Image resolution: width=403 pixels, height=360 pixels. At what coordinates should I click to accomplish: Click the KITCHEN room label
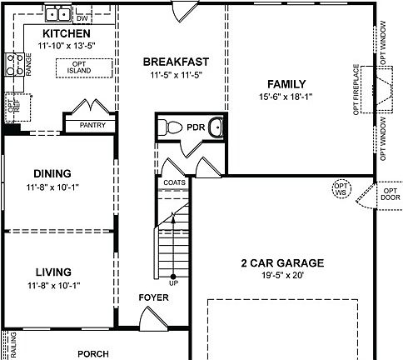(x=66, y=33)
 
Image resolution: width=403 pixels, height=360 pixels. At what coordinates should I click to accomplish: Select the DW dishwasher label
(x=82, y=17)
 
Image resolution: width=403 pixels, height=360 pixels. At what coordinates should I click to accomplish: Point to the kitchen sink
(x=57, y=13)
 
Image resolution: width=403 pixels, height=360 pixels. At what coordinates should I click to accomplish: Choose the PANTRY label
(x=92, y=125)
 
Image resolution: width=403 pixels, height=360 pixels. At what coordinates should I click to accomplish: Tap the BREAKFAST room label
(x=175, y=62)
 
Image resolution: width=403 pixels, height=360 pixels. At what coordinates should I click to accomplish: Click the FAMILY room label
(x=286, y=84)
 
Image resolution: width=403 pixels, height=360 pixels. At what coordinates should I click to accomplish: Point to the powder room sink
(x=215, y=127)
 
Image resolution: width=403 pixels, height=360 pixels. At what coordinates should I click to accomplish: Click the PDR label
(x=196, y=127)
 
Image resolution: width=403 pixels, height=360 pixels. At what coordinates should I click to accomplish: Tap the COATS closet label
(x=174, y=182)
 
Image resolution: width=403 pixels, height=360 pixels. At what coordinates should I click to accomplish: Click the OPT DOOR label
(x=391, y=193)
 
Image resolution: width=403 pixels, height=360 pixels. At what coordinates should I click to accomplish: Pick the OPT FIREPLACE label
(x=356, y=89)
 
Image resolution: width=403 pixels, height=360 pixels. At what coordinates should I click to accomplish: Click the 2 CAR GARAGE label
(x=282, y=263)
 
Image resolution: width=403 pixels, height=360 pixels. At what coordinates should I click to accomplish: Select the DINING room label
(x=52, y=173)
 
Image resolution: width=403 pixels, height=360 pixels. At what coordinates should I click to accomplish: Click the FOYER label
(x=152, y=297)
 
